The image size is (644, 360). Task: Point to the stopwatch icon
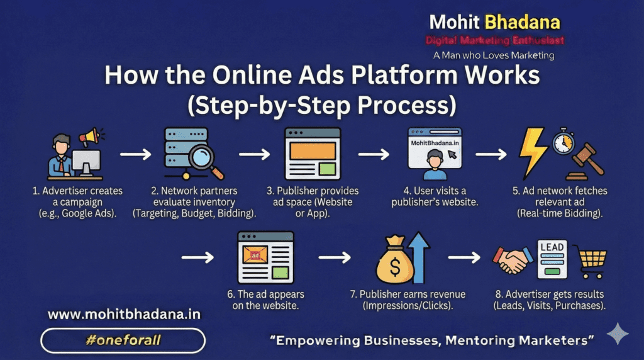click(563, 141)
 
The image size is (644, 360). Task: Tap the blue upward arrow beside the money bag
click(419, 257)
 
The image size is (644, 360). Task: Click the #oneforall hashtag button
click(123, 340)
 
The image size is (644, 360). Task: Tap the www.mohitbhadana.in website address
click(124, 315)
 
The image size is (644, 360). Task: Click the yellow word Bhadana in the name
click(523, 22)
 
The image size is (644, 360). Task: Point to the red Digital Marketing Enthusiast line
click(494, 40)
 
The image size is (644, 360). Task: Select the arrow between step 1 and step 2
click(136, 155)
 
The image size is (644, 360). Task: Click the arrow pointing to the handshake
click(464, 257)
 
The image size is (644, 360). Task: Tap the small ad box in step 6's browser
click(255, 255)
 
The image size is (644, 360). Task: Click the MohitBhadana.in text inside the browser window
click(435, 143)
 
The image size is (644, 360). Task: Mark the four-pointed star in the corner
click(618, 334)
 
